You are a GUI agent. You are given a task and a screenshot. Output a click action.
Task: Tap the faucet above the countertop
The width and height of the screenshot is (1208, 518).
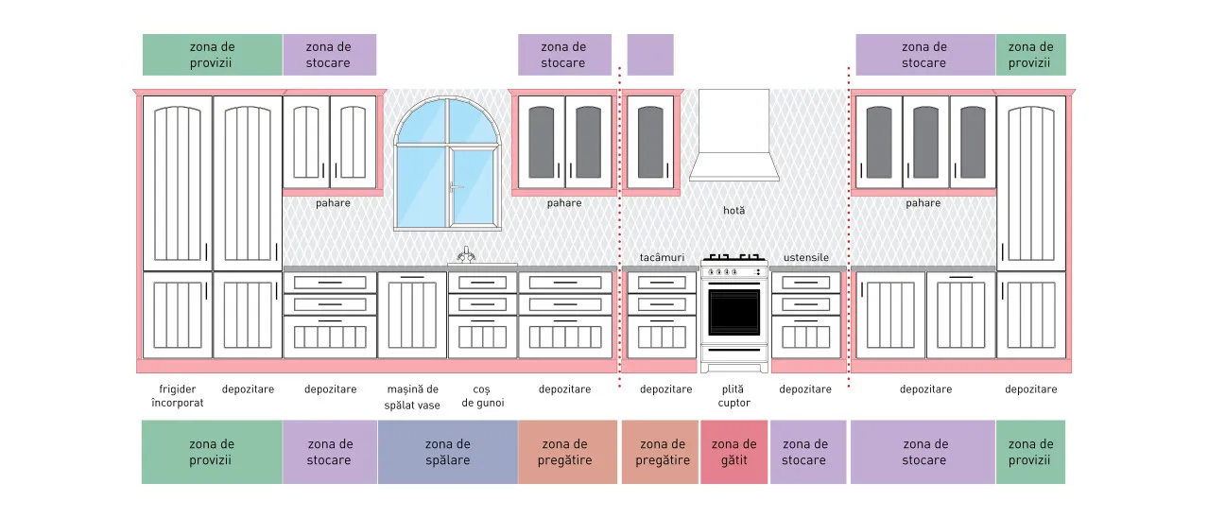coord(466,254)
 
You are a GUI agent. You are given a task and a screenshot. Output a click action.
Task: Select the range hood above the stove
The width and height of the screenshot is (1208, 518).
coord(733,135)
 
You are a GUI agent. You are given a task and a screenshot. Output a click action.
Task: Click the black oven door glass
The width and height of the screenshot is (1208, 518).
coord(733,313)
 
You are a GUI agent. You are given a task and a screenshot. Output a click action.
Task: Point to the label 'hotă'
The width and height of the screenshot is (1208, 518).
coord(733,210)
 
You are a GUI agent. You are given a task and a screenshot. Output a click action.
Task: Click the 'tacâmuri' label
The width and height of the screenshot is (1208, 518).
coord(662,258)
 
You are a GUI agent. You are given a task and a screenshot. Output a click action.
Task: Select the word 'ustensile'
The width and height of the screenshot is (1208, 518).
coord(805,258)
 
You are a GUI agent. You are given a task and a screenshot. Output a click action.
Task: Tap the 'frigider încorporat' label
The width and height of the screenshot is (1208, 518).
coord(178,396)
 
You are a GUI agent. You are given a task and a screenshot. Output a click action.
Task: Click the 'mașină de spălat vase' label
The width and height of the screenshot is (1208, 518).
coord(412,397)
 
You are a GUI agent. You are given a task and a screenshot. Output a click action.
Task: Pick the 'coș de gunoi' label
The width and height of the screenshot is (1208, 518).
coord(483,396)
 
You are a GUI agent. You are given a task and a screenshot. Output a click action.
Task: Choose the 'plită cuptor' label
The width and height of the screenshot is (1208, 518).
coord(733,396)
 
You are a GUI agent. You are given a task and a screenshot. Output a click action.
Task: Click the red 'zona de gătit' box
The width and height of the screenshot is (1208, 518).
coord(733,452)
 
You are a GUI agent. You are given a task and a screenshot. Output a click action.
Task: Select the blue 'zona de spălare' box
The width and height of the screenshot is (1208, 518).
coord(448,452)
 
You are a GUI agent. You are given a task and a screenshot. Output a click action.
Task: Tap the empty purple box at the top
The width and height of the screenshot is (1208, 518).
coord(650,55)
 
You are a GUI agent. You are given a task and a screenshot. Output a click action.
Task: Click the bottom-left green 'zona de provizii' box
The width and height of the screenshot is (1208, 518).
coord(212,452)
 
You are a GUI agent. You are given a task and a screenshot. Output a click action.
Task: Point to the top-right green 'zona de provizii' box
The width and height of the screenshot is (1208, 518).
coord(1030,55)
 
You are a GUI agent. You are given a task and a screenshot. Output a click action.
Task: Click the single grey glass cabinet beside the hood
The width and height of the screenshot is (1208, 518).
coord(650,143)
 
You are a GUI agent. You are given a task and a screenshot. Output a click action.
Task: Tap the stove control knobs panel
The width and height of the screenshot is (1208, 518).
coord(733,271)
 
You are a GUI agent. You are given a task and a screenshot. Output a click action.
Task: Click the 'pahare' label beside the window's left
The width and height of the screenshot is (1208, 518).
coord(333,203)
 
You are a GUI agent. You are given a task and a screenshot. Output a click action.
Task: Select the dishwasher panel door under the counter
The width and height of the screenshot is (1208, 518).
coord(412,315)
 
